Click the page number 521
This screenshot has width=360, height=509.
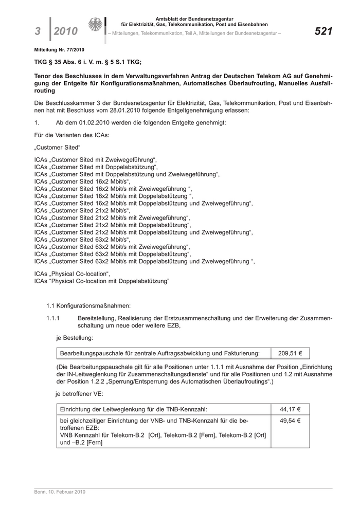pos(323,32)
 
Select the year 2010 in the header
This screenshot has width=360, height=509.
pos(66,32)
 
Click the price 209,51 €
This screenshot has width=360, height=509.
pos(290,353)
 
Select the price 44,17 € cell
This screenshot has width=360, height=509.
pos(290,409)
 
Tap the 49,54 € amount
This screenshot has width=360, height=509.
pos(290,420)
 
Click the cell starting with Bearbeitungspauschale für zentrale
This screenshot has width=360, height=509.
pos(160,353)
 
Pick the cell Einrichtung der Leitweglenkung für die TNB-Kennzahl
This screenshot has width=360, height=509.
pos(134,409)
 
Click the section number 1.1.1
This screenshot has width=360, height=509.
pos(53,318)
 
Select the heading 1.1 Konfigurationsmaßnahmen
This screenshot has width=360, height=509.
pos(88,306)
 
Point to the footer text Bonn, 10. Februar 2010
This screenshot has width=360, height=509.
pos(56,492)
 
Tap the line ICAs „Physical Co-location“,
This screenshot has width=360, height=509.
pos(72,273)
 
